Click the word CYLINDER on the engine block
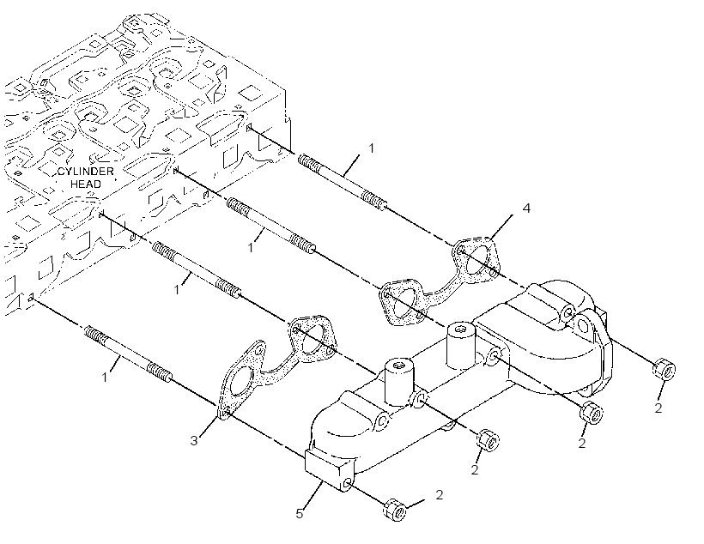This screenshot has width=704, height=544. coord(85,172)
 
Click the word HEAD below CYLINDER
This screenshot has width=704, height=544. coord(86,184)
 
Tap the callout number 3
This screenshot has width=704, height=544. coord(193,441)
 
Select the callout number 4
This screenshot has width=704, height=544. coord(526,209)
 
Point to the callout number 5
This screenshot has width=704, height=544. coord(300,514)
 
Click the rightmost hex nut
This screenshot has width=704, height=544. coord(664,370)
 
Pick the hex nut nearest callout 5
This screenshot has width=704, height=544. coord(395,510)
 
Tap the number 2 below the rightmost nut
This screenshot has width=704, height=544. coord(658,408)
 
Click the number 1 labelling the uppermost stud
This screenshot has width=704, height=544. coord(371,148)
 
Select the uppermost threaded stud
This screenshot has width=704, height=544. coord(341,181)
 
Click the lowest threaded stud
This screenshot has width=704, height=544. coord(128,354)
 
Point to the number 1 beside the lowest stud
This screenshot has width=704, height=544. coord(105,377)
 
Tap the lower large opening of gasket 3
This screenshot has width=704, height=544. coord(242,383)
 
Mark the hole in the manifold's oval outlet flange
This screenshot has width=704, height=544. coord(584,324)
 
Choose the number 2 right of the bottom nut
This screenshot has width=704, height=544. coord(439,494)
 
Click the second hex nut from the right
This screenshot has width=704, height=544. coord(592,412)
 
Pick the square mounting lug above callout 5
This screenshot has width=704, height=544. coord(330,469)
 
